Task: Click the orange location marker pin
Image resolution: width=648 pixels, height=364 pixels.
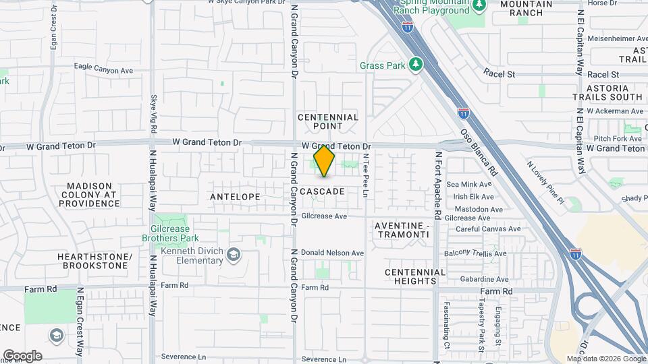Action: click(324, 161)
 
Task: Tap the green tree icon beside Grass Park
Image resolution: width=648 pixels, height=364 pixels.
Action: click(417, 65)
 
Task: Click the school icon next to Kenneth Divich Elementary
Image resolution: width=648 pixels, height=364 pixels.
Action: click(234, 254)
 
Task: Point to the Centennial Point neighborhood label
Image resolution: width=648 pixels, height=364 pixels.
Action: click(328, 121)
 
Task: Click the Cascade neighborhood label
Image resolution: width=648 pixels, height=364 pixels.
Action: click(322, 191)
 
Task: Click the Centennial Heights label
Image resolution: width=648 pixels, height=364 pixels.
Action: click(415, 276)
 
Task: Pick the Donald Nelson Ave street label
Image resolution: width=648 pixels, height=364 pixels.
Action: click(332, 253)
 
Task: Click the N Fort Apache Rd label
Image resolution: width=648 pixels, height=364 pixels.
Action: click(437, 185)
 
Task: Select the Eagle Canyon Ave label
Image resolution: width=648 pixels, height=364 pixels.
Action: click(104, 69)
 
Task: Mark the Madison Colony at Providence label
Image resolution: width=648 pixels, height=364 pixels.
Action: click(93, 195)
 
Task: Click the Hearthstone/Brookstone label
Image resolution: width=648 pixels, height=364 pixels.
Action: click(92, 261)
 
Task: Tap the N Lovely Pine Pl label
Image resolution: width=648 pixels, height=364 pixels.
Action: click(545, 181)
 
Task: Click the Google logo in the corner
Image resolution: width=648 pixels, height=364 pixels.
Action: click(22, 355)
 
